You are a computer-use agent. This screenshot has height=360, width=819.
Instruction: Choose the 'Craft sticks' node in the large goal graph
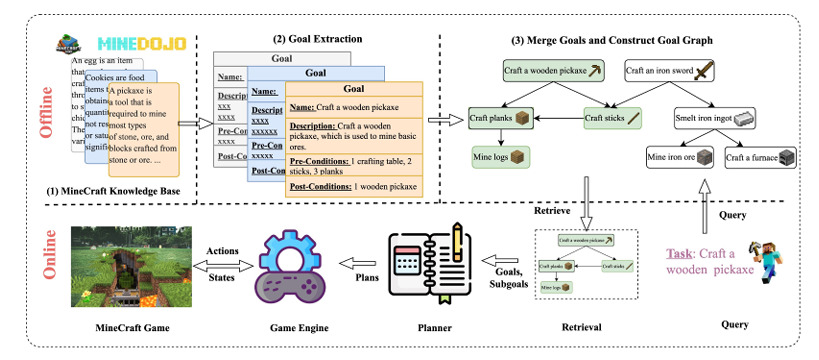611,119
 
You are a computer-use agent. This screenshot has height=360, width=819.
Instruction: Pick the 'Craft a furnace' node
759,157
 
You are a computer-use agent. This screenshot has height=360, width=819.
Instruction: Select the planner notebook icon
427,264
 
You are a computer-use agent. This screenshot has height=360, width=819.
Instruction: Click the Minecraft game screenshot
116,267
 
